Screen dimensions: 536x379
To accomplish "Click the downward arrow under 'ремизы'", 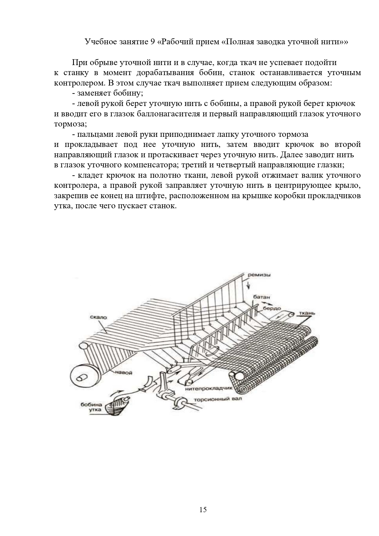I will point(248,285).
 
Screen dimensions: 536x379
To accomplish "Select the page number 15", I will point(203,509).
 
